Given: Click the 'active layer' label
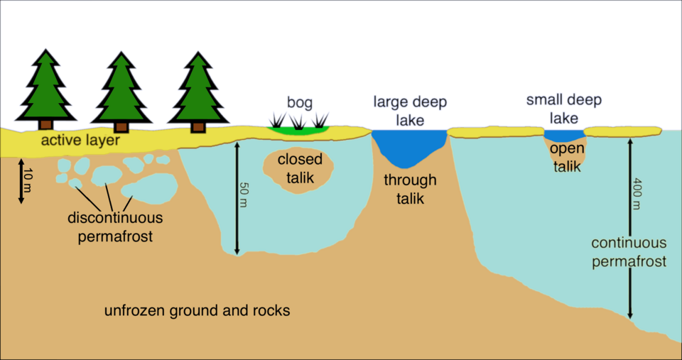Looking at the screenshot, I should tap(80, 141).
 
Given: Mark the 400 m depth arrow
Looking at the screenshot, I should tap(629, 227).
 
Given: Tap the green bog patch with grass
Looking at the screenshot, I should tap(298, 129).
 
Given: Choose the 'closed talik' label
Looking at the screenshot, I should tap(300, 168).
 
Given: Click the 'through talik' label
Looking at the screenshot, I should tap(410, 190).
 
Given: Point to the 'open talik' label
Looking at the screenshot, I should tap(566, 158).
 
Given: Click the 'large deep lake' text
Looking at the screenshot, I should tap(410, 110).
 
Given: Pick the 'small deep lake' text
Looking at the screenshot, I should tap(563, 108).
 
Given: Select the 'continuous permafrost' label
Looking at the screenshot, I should tap(629, 253).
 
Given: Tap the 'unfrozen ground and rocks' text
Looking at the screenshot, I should tap(197, 311).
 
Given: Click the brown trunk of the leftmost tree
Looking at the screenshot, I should tap(45, 126).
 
